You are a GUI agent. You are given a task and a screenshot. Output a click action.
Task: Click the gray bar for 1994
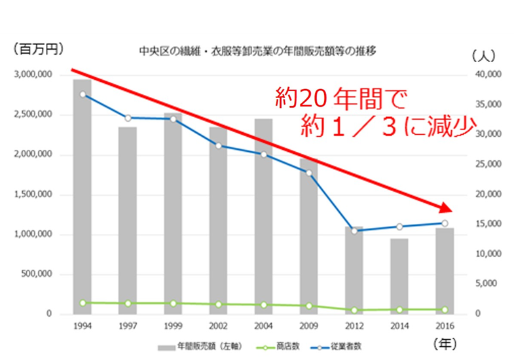[x=82, y=196]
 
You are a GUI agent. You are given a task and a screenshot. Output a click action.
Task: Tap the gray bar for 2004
[x=263, y=216]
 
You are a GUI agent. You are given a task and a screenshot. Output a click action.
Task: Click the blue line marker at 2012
[x=354, y=231]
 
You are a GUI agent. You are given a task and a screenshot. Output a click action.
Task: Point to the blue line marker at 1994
[x=83, y=94]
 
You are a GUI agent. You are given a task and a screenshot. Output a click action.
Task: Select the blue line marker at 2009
[x=309, y=173]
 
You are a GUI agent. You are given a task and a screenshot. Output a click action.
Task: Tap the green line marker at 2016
[x=445, y=310]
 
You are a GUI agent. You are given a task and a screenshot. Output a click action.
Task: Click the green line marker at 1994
[x=83, y=303]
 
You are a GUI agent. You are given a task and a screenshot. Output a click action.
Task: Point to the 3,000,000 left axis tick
[x=33, y=75]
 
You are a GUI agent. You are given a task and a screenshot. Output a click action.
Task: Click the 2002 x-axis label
[x=218, y=325]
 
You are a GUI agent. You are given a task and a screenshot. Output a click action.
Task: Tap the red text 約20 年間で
[x=339, y=99]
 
